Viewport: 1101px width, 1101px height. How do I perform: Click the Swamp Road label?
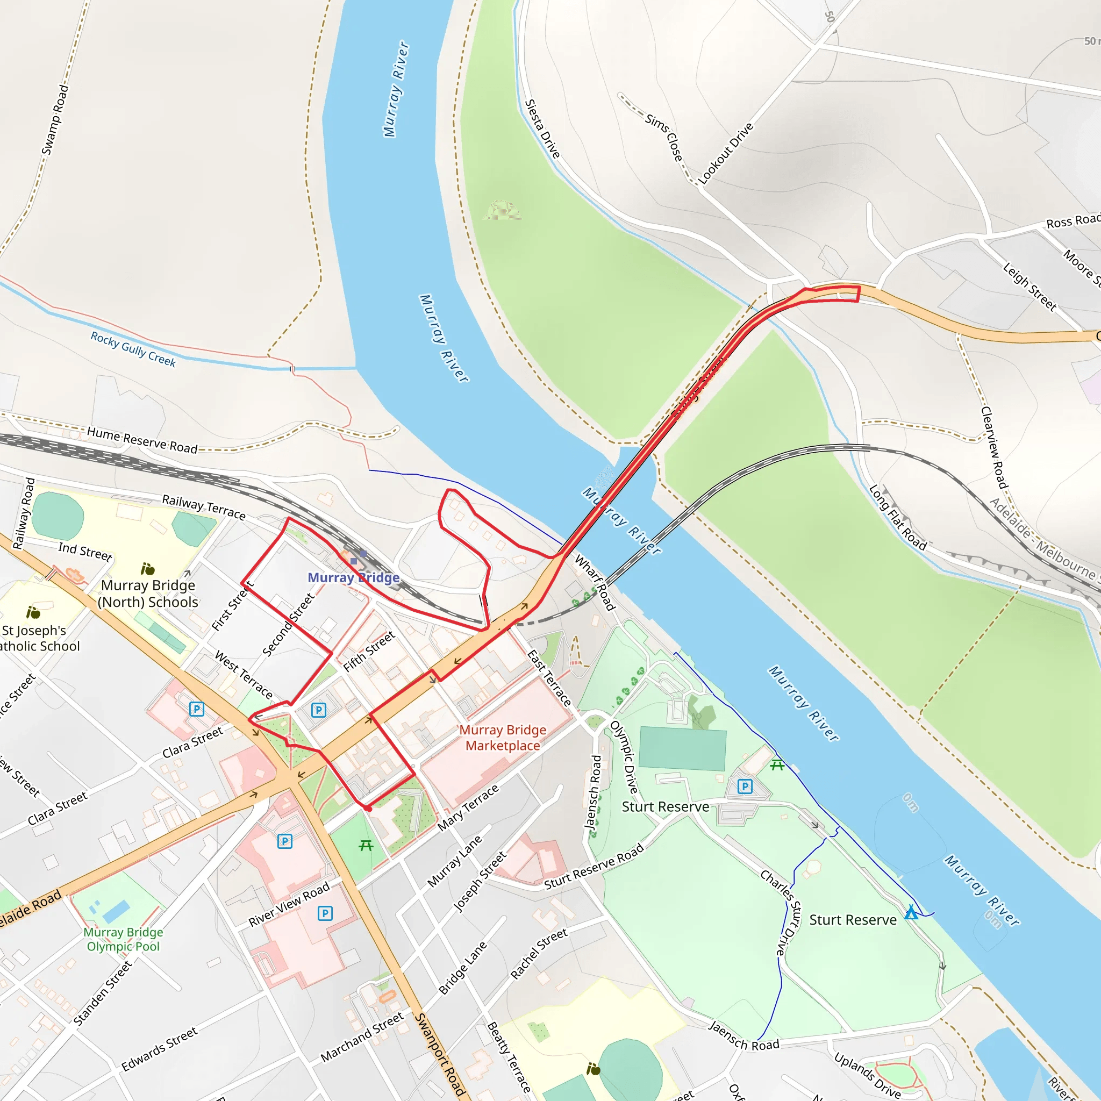coord(55,120)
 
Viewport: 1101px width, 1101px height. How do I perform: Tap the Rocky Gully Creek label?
coord(133,349)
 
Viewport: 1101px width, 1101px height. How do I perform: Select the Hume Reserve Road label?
coord(142,440)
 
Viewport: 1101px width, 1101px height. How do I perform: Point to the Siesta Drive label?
coord(542,129)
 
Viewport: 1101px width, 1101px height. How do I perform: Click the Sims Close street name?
coord(664,137)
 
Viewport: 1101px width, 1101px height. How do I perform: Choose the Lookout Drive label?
coord(725,153)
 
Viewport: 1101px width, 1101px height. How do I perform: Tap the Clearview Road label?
coord(995,447)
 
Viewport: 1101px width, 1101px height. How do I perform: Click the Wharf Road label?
coord(595,582)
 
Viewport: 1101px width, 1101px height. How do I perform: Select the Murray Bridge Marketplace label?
coord(503,738)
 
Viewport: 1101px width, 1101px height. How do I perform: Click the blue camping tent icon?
coord(911,912)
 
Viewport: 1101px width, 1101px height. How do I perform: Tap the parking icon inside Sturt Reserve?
coord(745,787)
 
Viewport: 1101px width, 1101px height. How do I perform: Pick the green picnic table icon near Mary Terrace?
coord(366,846)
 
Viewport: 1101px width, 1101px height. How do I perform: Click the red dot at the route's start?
coord(368,808)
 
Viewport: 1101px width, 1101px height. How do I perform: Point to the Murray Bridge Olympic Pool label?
coord(123,939)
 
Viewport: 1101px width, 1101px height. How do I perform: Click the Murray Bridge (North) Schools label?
coord(148,594)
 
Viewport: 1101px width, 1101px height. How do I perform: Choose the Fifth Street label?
coord(369,652)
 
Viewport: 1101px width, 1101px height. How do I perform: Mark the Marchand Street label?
coord(362,1036)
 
